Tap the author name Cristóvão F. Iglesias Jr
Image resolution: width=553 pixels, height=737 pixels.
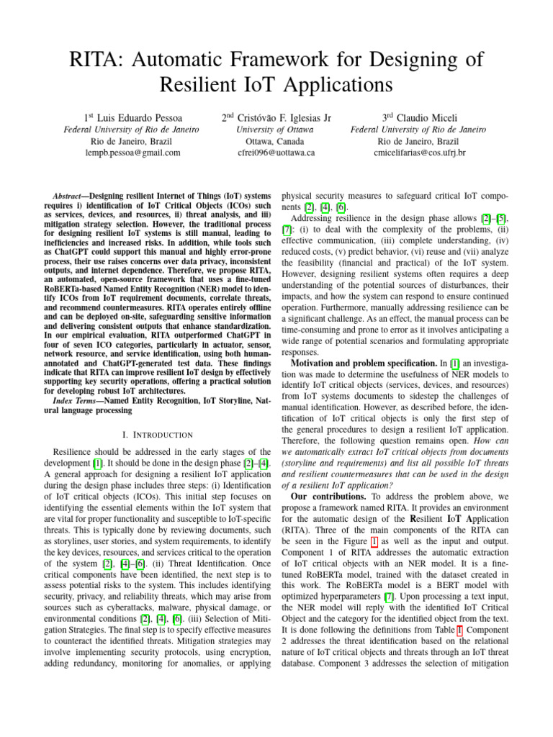click(x=286, y=117)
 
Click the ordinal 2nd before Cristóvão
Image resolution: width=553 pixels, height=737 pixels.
click(x=230, y=117)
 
